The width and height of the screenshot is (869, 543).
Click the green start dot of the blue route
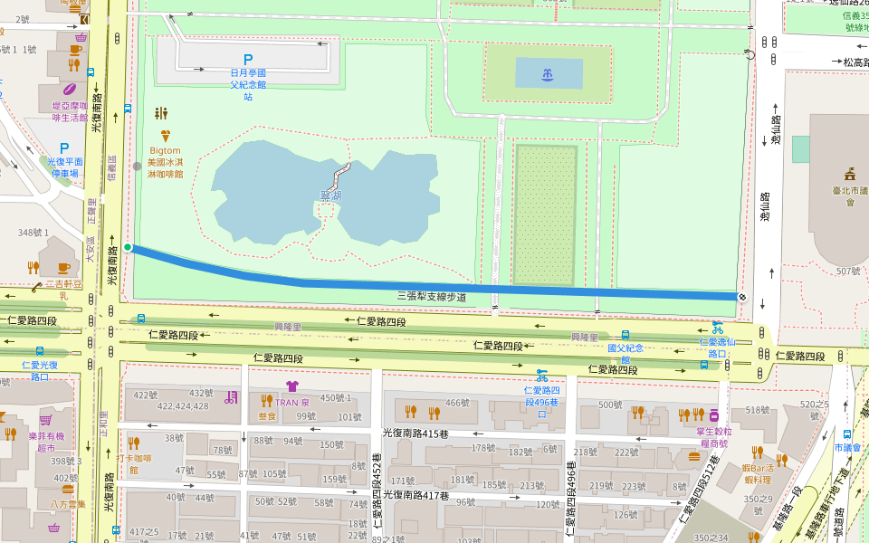pos(129,247)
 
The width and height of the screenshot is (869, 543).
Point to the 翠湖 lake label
pos(331,195)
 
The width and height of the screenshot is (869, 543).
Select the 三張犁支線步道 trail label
pos(432,296)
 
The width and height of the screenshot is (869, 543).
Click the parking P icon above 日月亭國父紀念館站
pos(247,58)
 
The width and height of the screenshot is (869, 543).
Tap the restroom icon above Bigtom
pos(162,113)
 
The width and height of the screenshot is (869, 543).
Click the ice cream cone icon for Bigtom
pos(165,135)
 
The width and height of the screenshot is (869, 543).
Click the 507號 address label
pos(847,271)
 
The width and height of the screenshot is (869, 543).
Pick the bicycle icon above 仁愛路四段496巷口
pos(541,374)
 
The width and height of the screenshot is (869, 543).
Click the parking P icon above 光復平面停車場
pos(63,148)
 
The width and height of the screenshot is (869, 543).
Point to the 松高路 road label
pos(855,62)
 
